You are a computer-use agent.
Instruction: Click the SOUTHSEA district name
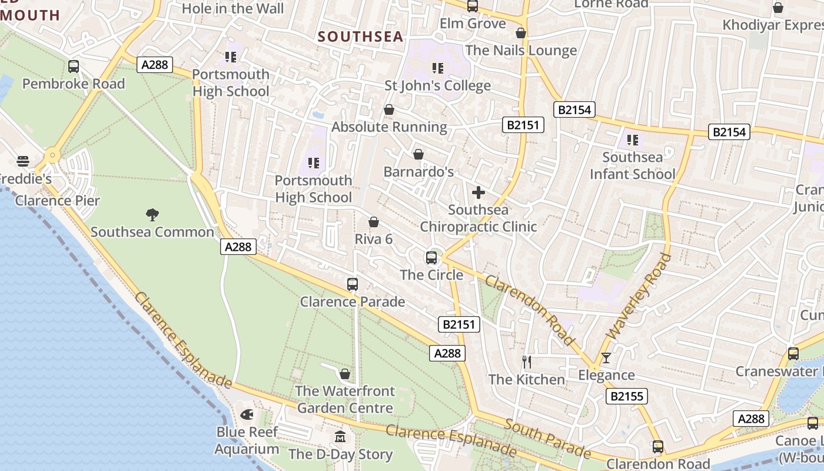pos(361,37)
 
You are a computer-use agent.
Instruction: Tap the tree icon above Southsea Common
pos(152,215)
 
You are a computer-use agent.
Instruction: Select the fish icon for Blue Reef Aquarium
pos(247,414)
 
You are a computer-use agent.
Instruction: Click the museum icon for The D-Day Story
pos(340,437)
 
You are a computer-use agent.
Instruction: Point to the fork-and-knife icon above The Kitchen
pos(527,361)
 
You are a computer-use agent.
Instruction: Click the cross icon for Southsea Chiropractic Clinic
pos(479,193)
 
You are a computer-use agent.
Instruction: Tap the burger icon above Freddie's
pos(23,161)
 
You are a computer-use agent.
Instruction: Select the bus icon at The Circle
pos(431,258)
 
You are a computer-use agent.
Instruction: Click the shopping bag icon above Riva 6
pos(373,222)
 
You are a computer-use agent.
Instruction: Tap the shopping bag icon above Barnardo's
pos(418,154)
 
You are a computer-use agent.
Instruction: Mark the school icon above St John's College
pos(437,68)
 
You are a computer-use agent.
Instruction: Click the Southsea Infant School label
pos(633,165)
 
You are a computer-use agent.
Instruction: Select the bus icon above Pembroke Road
pos(74,67)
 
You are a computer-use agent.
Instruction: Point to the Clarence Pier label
pos(58,200)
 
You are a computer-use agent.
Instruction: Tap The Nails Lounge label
pos(521,51)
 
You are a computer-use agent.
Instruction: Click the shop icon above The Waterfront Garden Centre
pos(345,374)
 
